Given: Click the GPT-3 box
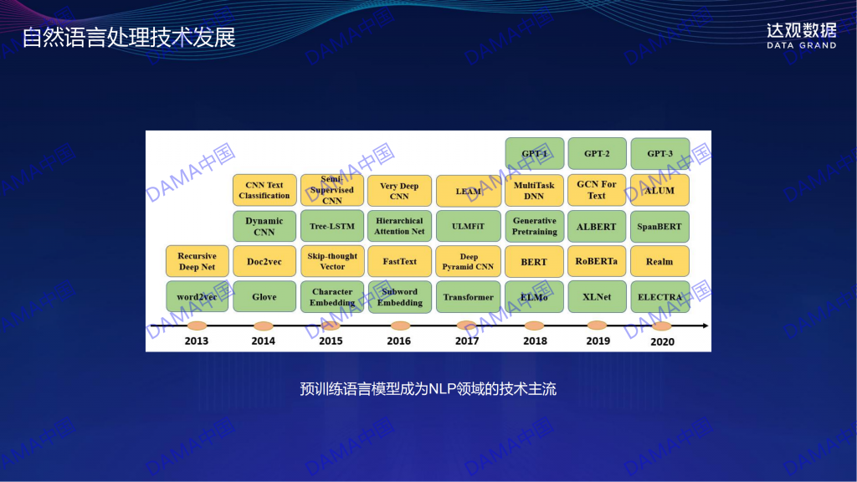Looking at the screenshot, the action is click(x=659, y=154).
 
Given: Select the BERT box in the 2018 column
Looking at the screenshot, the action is click(x=534, y=262).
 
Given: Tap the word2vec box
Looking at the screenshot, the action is click(x=197, y=297).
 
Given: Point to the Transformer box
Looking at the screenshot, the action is click(x=469, y=297).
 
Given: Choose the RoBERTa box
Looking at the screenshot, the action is click(x=596, y=261).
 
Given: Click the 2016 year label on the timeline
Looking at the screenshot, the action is click(x=399, y=341).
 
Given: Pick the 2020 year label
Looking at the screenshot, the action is click(x=662, y=341).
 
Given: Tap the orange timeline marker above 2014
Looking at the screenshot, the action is click(x=264, y=326).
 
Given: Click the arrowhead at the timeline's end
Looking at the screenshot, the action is click(x=706, y=326).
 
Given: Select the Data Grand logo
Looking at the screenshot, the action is click(x=801, y=36).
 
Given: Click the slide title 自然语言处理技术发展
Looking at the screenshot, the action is click(x=129, y=37).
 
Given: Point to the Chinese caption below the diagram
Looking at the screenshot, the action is click(x=428, y=389).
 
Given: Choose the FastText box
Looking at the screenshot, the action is click(x=399, y=261).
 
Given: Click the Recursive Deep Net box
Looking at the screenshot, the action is click(x=197, y=261).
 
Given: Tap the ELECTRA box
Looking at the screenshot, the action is click(x=659, y=297).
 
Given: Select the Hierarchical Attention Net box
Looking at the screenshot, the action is click(x=399, y=226).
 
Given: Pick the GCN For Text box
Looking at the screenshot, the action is click(x=596, y=190).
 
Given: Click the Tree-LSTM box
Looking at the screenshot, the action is click(x=332, y=226).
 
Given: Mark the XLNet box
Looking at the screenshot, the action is click(x=597, y=297).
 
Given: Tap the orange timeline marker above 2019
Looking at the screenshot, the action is click(x=597, y=326).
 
